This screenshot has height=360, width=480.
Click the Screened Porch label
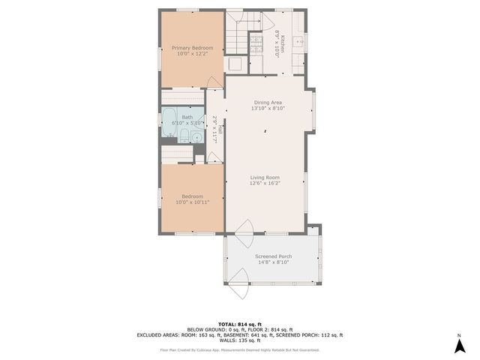click(x=274, y=256)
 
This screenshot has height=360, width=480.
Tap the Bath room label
click(x=187, y=118)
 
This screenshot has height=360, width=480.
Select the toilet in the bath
click(x=184, y=136)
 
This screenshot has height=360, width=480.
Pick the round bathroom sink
click(x=196, y=136)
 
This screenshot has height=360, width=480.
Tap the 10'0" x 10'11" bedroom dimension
click(x=191, y=202)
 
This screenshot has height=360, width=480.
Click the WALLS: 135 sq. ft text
click(x=239, y=340)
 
